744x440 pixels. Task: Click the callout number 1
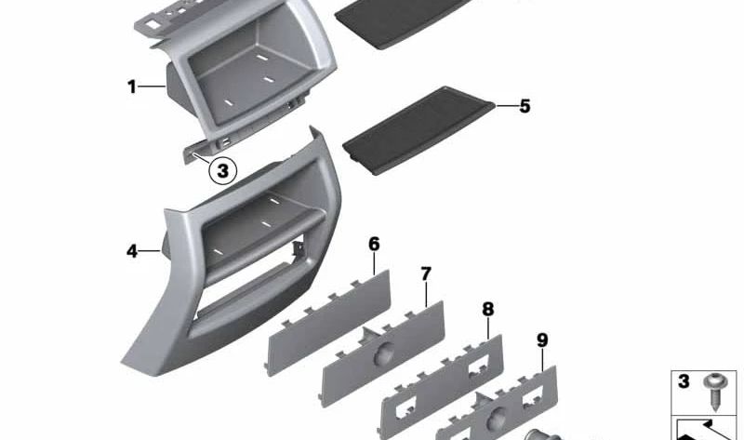[131, 87]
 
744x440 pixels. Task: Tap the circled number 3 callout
[222, 170]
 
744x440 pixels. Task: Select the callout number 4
[131, 251]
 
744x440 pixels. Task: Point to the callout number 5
[525, 106]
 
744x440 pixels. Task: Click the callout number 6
[375, 245]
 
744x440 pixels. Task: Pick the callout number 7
[426, 273]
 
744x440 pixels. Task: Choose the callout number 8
[487, 310]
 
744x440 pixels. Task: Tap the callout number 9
[542, 340]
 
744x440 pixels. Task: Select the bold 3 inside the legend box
[684, 381]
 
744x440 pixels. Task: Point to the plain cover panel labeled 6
[328, 323]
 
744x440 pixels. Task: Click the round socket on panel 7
[383, 354]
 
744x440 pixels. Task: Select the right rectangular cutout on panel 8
[481, 366]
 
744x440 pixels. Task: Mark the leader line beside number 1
[152, 87]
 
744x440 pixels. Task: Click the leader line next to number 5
[507, 105]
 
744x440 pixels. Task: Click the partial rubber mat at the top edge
[404, 21]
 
